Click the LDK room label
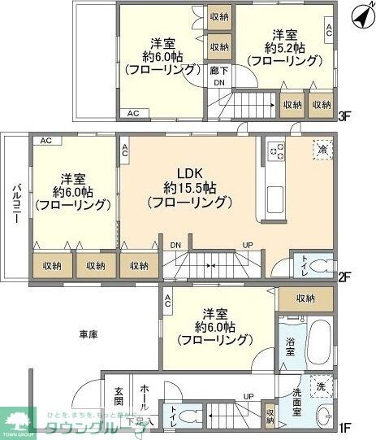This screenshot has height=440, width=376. point(188,172)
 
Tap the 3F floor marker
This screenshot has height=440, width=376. point(344,115)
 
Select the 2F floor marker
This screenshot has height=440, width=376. point(344,277)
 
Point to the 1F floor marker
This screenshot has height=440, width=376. point(344,425)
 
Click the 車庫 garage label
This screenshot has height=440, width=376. point(89,334)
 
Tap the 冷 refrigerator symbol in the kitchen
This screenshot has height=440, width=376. point(322,151)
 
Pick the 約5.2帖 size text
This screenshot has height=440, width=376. point(285,47)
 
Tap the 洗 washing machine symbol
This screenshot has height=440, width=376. point(322,386)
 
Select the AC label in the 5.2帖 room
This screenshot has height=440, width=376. point(328,31)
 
